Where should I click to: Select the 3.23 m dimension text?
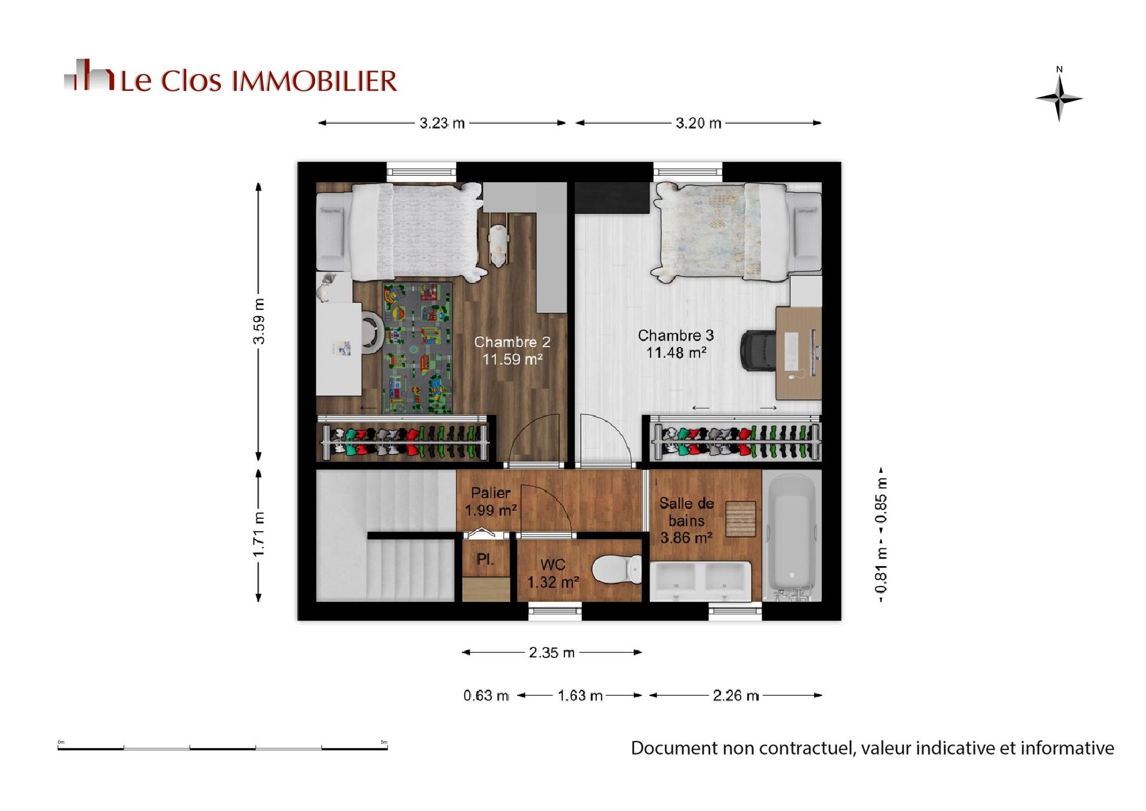point(442,123)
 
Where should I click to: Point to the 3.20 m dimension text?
point(698,123)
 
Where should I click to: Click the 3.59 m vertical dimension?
point(258,321)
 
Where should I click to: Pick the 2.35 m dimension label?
point(552,653)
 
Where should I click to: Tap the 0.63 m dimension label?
point(486,696)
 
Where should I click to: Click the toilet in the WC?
point(617,569)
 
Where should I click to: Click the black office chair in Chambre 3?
point(758,351)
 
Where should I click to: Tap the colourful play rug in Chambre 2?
point(417,348)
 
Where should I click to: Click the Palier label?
point(491,493)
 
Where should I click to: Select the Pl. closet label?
point(485,560)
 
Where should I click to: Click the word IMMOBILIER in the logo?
point(314,81)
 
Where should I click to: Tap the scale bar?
point(223,747)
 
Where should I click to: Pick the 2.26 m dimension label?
point(735,696)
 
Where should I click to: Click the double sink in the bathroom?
point(700,581)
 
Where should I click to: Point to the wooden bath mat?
point(741,519)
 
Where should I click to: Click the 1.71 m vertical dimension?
point(258,534)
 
